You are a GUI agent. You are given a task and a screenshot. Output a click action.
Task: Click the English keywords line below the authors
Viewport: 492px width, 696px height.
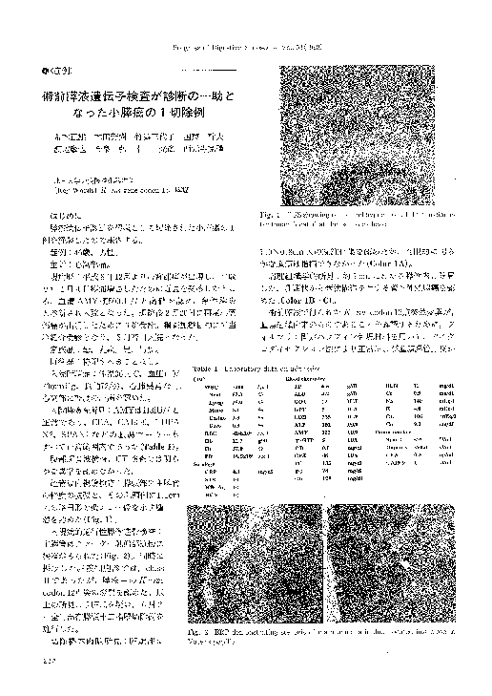point(102,189)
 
